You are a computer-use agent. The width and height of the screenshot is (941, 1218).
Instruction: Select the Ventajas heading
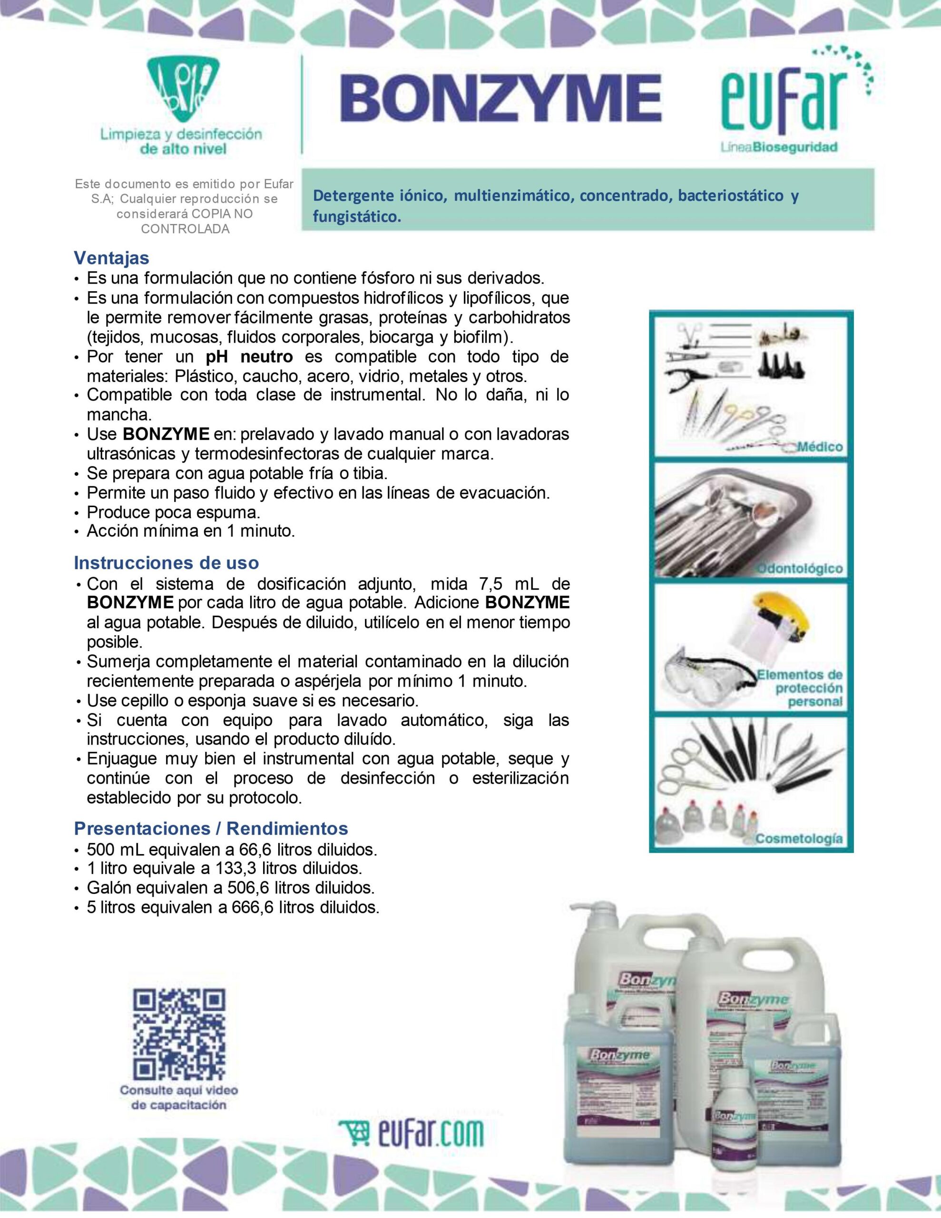(111, 258)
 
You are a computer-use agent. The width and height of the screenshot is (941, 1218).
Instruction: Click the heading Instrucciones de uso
(166, 563)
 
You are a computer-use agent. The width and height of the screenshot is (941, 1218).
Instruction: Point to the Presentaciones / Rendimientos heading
(211, 828)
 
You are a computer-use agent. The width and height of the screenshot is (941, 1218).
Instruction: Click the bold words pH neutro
(249, 356)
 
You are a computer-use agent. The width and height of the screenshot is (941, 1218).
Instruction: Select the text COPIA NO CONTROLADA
(185, 221)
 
